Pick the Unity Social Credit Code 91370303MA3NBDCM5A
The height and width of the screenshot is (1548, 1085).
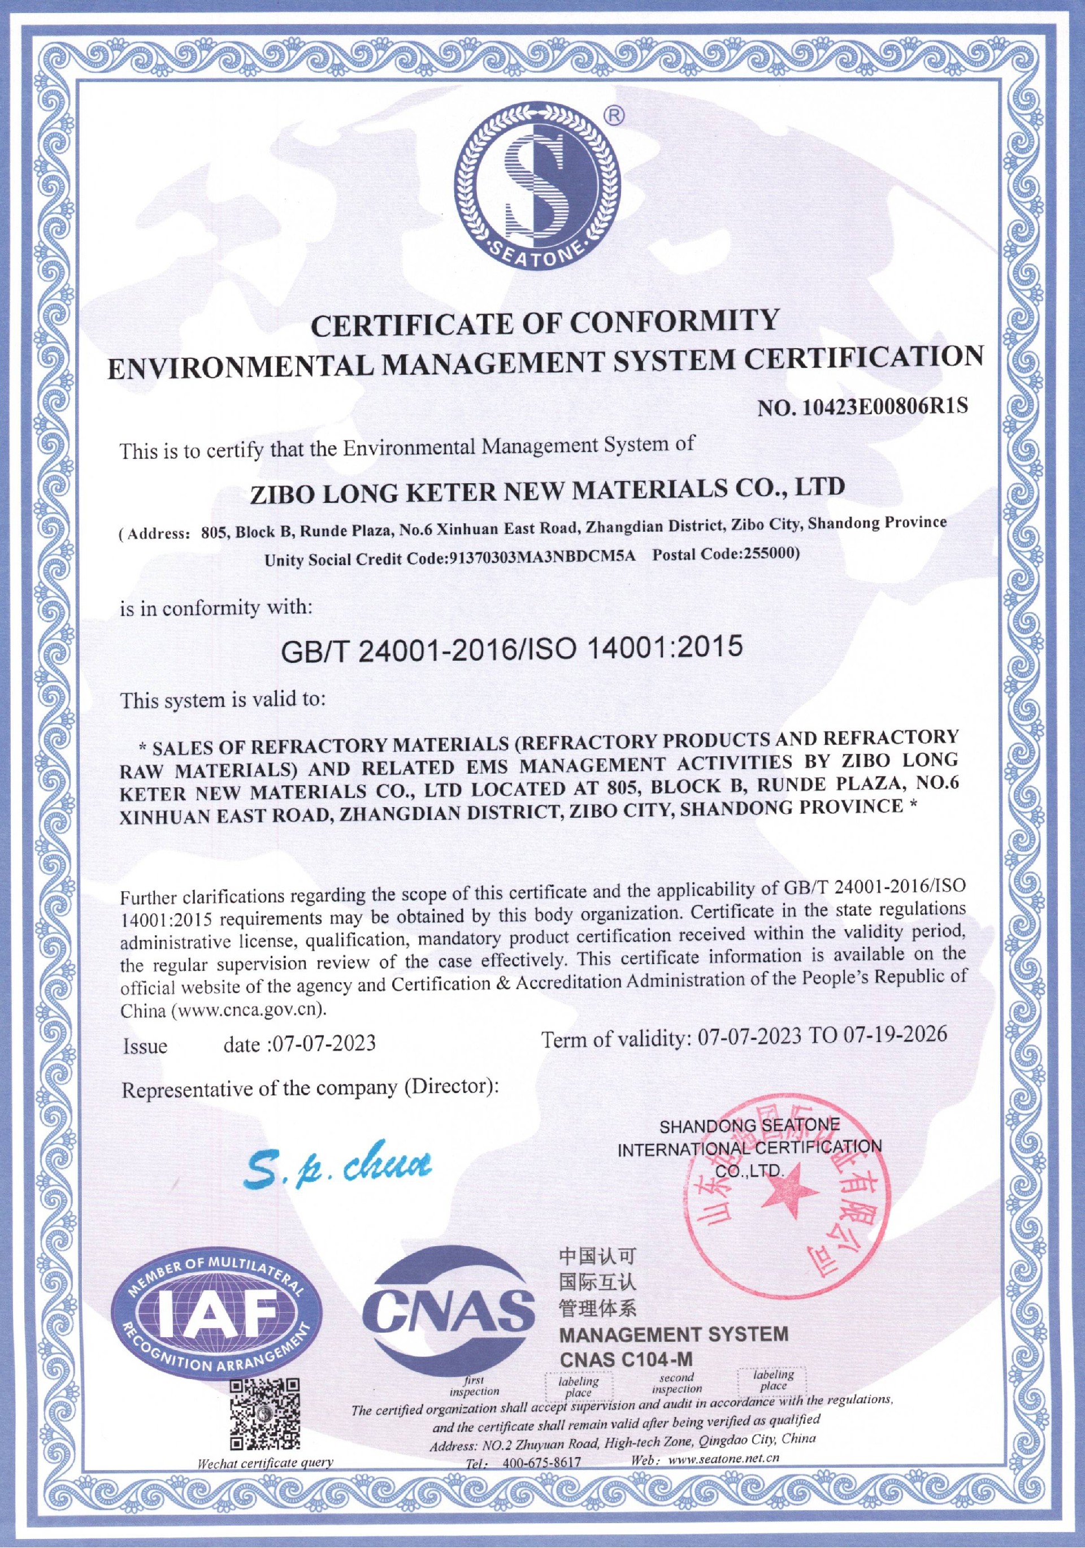[542, 558]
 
